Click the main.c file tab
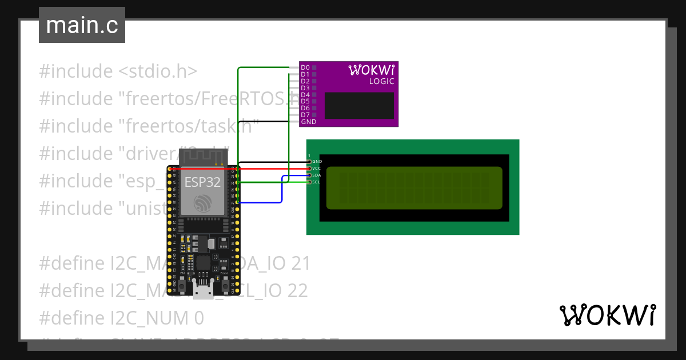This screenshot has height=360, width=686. (x=82, y=25)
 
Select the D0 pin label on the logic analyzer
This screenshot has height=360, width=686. (x=305, y=68)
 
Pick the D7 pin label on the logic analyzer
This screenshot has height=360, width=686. (x=305, y=115)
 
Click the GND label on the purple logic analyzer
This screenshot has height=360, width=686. (x=309, y=122)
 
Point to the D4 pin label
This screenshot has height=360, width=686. (x=305, y=95)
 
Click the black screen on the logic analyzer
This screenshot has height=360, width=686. (x=359, y=105)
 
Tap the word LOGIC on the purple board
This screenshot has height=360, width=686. (x=381, y=82)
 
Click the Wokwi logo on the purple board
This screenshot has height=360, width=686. (x=371, y=70)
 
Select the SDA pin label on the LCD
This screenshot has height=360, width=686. (x=317, y=175)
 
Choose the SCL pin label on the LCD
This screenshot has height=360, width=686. (x=317, y=182)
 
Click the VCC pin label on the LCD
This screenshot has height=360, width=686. (x=317, y=169)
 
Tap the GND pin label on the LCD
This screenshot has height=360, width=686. (x=317, y=162)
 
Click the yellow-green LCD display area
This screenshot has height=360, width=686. (x=414, y=188)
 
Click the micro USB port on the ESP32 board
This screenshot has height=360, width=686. (x=202, y=293)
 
